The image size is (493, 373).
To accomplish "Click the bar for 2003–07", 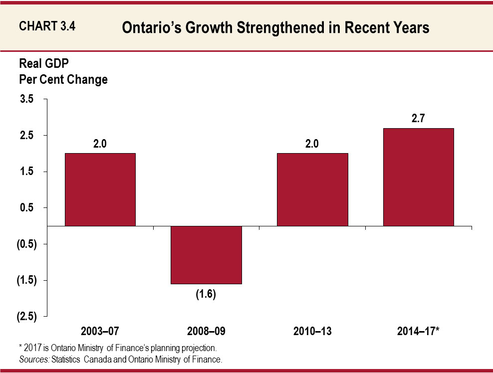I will [x=100, y=189].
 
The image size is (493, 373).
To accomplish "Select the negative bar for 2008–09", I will [x=206, y=255].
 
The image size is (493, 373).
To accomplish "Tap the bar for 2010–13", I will [x=312, y=189].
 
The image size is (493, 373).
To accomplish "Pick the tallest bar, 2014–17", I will [x=418, y=177].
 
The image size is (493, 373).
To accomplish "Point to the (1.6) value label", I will [x=206, y=294].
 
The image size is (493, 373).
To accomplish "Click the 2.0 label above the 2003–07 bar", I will [x=100, y=144].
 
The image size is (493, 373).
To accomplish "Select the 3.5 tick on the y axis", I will [x=26, y=99].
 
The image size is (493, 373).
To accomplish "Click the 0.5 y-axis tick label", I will [x=26, y=208].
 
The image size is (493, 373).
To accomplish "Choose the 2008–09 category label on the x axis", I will [x=206, y=331].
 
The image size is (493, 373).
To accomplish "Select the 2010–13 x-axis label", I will [x=312, y=331].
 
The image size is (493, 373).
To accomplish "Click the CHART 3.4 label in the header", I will [x=47, y=27].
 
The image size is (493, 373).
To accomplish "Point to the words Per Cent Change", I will [x=63, y=79].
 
